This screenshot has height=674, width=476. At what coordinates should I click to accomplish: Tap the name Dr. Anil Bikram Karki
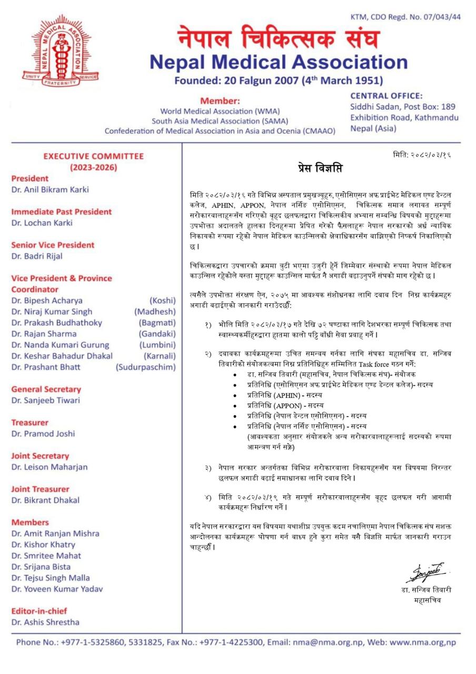click(50, 190)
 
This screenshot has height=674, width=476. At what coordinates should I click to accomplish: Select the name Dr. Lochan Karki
click(42, 223)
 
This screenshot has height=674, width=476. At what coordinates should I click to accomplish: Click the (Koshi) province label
click(162, 301)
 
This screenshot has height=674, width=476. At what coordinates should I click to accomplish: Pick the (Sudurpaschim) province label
click(146, 367)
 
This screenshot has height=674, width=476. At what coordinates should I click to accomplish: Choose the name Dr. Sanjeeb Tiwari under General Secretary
click(45, 400)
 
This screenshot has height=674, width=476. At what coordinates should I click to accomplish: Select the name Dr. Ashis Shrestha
click(45, 622)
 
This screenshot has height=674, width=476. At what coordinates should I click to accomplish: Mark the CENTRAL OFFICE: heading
click(386, 96)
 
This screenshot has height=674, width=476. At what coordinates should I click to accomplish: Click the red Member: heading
click(220, 101)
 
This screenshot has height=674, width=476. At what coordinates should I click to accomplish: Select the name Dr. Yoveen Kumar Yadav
click(57, 589)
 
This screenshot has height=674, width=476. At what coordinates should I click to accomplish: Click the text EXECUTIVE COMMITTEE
click(93, 156)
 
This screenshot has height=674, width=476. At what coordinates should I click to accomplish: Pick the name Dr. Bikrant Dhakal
click(45, 500)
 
